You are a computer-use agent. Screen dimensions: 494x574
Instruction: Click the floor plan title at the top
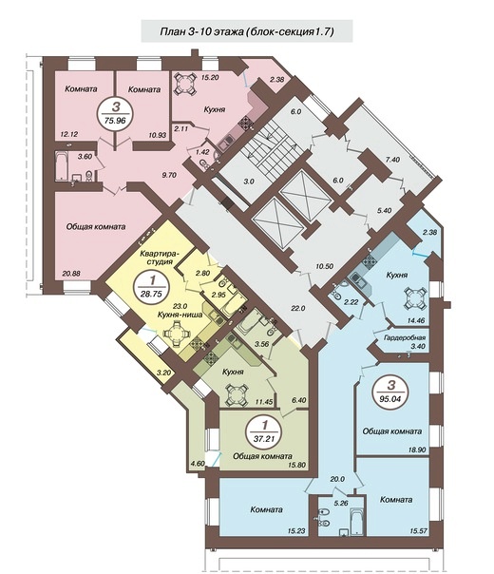click(247, 31)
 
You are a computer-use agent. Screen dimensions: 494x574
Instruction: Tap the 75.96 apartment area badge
click(115, 113)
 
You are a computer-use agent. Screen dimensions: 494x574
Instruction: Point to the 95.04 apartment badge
click(390, 392)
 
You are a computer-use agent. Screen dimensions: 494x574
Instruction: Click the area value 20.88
click(71, 273)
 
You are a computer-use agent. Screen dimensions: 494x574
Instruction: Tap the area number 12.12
click(69, 135)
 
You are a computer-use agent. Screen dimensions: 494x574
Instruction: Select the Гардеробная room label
click(405, 337)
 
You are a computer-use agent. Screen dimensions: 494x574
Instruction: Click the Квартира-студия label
click(159, 257)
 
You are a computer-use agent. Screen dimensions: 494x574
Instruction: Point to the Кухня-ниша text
click(180, 315)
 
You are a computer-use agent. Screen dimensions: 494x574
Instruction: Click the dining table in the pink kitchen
click(183, 85)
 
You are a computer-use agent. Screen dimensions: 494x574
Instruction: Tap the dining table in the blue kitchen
click(415, 298)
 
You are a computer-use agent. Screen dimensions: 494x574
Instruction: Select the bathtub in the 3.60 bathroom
click(62, 166)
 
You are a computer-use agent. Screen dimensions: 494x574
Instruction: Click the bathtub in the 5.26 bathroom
click(357, 521)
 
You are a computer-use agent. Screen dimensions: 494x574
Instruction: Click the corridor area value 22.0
click(298, 308)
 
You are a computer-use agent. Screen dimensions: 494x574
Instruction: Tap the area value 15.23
click(296, 531)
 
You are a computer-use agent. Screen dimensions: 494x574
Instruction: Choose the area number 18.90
click(417, 450)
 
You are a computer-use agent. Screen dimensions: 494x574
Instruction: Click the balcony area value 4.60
click(197, 464)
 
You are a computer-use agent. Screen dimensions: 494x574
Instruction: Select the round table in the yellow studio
click(177, 334)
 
